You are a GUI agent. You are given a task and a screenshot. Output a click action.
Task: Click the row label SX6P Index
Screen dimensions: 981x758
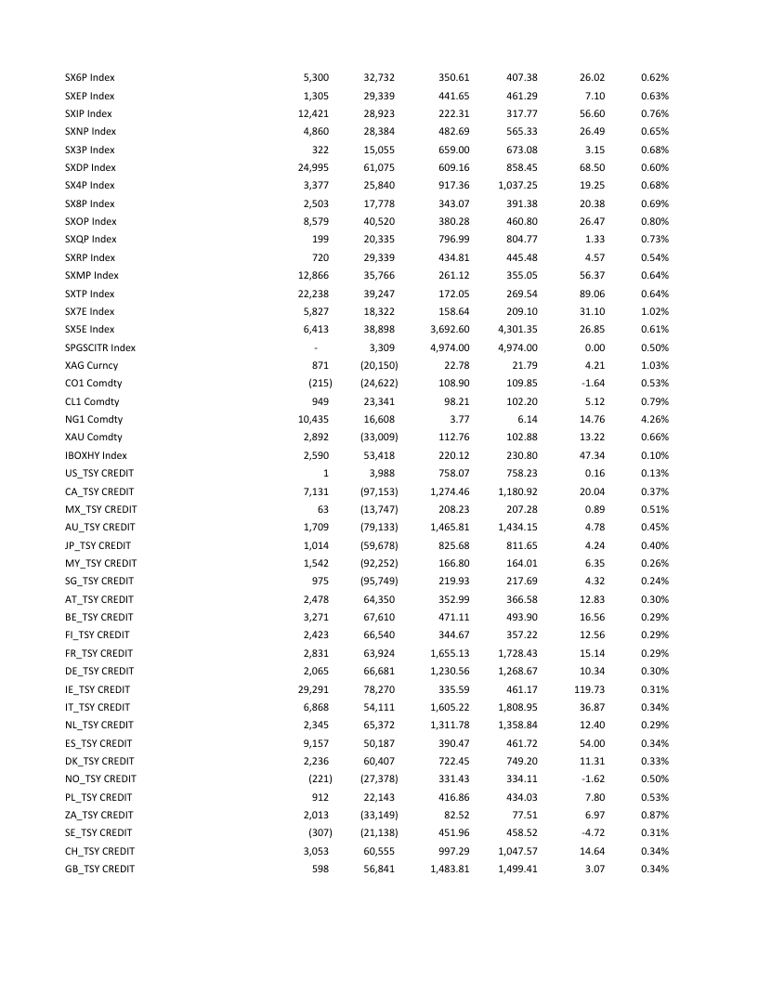[90, 77]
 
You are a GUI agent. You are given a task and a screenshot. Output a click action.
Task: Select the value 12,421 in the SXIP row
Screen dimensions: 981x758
[313, 113]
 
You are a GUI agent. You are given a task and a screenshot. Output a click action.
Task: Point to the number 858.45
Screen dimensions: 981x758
[517, 167]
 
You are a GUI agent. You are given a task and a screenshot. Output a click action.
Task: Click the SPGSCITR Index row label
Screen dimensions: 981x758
[100, 347]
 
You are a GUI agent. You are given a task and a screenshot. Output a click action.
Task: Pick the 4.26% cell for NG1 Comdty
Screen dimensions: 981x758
[655, 419]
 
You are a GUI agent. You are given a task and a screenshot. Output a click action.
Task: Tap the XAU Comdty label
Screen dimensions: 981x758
[94, 437]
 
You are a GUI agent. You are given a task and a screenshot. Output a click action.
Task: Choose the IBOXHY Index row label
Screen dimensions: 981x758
[96, 455]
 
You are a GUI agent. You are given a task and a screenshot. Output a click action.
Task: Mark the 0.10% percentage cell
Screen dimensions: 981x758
[655, 455]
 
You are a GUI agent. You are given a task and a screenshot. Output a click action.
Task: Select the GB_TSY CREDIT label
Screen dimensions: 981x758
[99, 869]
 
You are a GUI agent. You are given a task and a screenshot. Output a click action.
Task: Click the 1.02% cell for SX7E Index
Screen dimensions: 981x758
[655, 311]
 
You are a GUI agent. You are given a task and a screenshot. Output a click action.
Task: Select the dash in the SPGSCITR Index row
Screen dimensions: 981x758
[326, 347]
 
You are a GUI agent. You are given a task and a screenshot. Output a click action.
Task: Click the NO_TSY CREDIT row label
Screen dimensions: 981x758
[100, 778]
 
